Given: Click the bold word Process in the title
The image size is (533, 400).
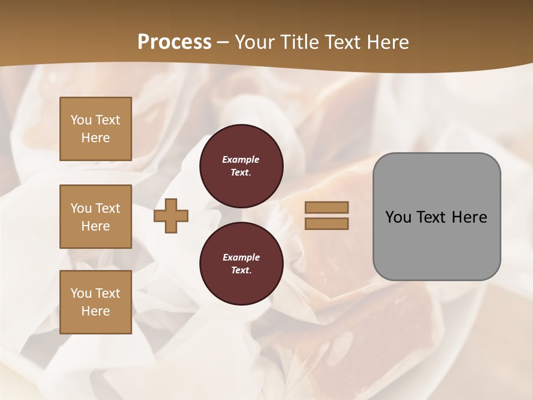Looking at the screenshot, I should point(174,42).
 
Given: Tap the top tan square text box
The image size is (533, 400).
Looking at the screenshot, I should point(95,129).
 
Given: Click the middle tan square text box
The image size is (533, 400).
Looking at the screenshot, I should point(95,217).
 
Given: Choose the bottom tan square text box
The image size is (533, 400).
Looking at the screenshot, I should point(95,302).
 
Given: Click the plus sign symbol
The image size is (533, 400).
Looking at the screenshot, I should point(171,216).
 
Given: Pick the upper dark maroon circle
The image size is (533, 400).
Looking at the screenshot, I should point(242,166).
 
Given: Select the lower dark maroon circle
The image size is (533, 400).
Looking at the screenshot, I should point(242,264).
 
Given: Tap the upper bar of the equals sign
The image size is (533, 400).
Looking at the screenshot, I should point(326,208).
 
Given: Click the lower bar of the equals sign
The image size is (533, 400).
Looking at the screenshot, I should point(326,224).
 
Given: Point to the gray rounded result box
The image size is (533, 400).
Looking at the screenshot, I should point(436,217).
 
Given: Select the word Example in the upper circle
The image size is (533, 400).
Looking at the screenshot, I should point(241,159).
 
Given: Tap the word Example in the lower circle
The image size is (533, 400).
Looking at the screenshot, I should point(241,257).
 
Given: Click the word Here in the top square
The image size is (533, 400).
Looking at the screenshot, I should point(95,138).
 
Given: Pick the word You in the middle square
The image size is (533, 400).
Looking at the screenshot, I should point(81,208).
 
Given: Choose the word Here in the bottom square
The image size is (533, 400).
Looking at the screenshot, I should point(95,311).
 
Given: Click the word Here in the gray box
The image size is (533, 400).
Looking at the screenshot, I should point(469,217).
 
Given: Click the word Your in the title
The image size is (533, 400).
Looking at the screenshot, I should point(255,42).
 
